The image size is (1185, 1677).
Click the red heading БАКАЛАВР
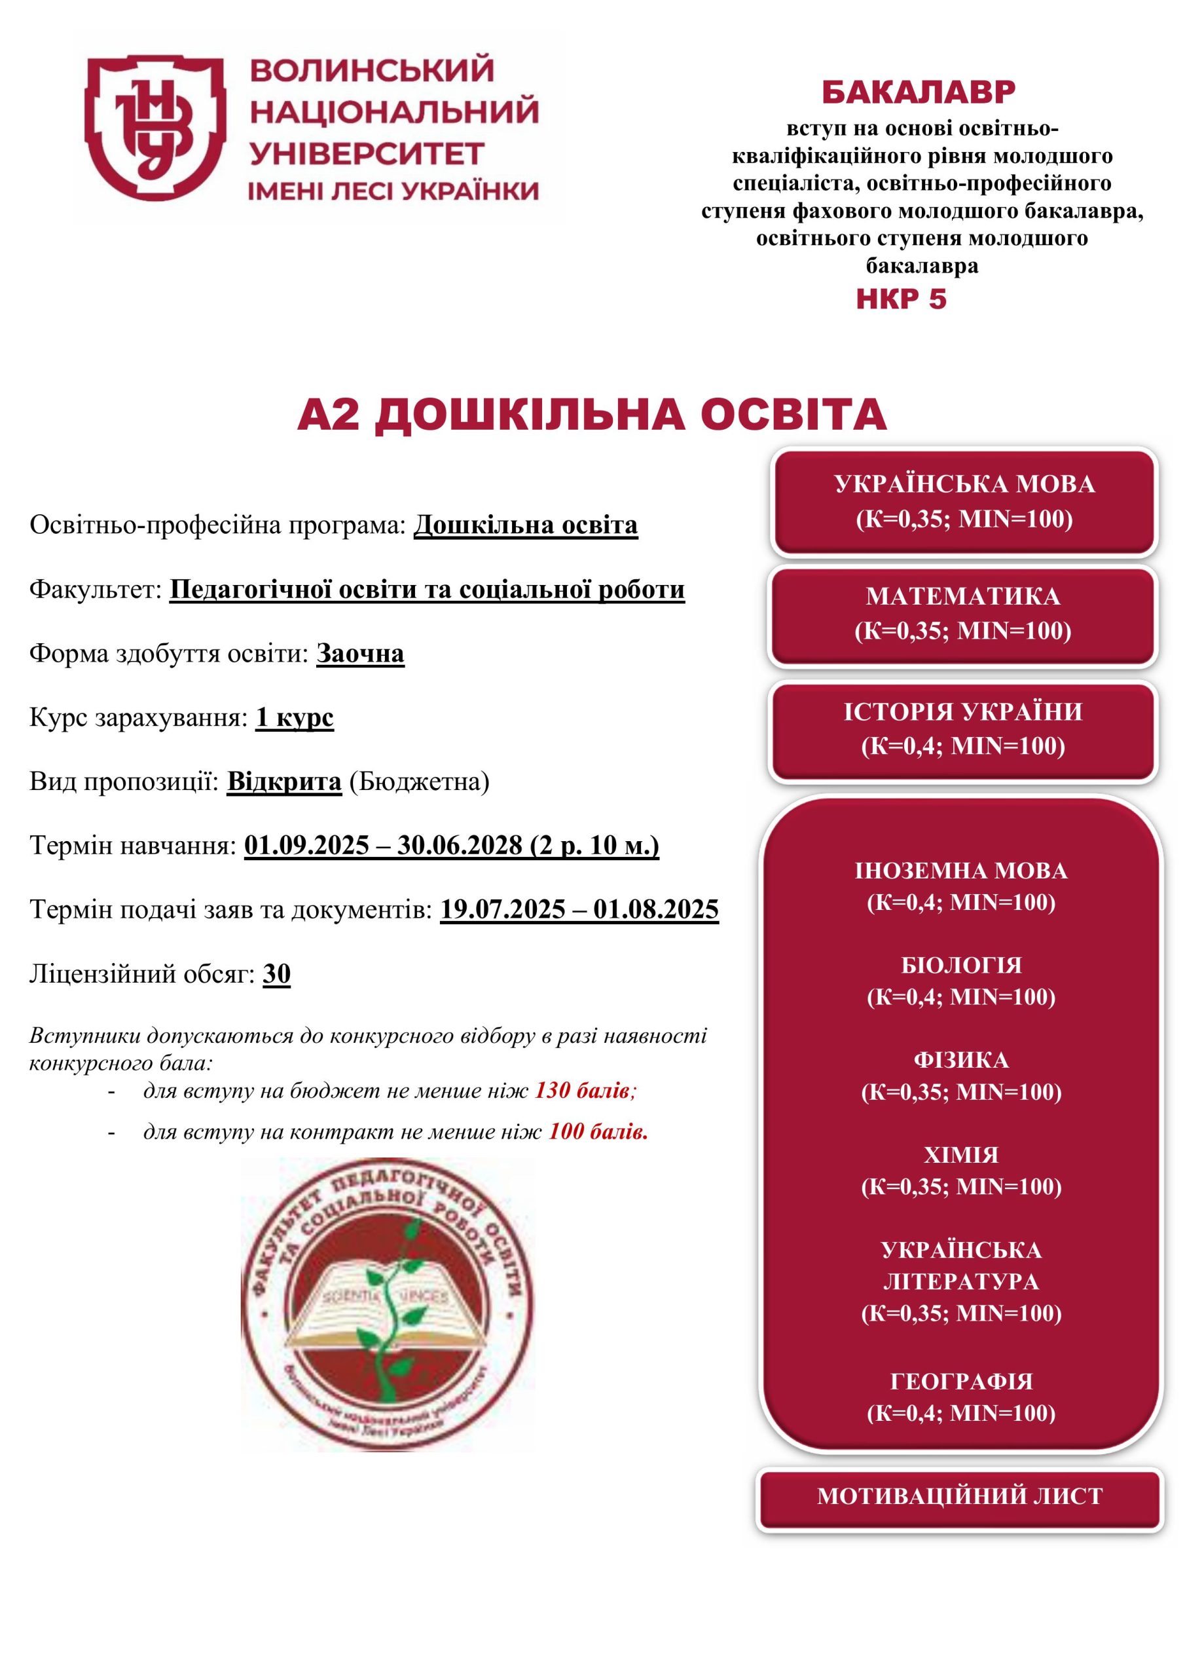(x=919, y=93)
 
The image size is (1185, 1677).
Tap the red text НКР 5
(x=901, y=299)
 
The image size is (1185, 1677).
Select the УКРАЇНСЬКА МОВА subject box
(x=964, y=502)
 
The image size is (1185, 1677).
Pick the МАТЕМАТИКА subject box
(x=962, y=614)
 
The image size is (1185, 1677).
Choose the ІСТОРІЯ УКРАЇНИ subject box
(x=962, y=729)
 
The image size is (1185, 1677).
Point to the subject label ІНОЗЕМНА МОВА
(x=961, y=871)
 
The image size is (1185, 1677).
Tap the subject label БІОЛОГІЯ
(x=961, y=965)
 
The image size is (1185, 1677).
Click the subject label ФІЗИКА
(x=961, y=1060)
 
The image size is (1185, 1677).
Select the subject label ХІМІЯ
(x=961, y=1155)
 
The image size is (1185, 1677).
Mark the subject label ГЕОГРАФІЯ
(x=961, y=1381)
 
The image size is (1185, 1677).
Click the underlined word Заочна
(x=360, y=653)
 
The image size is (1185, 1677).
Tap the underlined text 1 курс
(x=294, y=717)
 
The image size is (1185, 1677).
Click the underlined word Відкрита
(x=284, y=782)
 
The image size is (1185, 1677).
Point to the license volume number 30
(x=277, y=973)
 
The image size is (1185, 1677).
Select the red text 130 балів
(x=583, y=1091)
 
